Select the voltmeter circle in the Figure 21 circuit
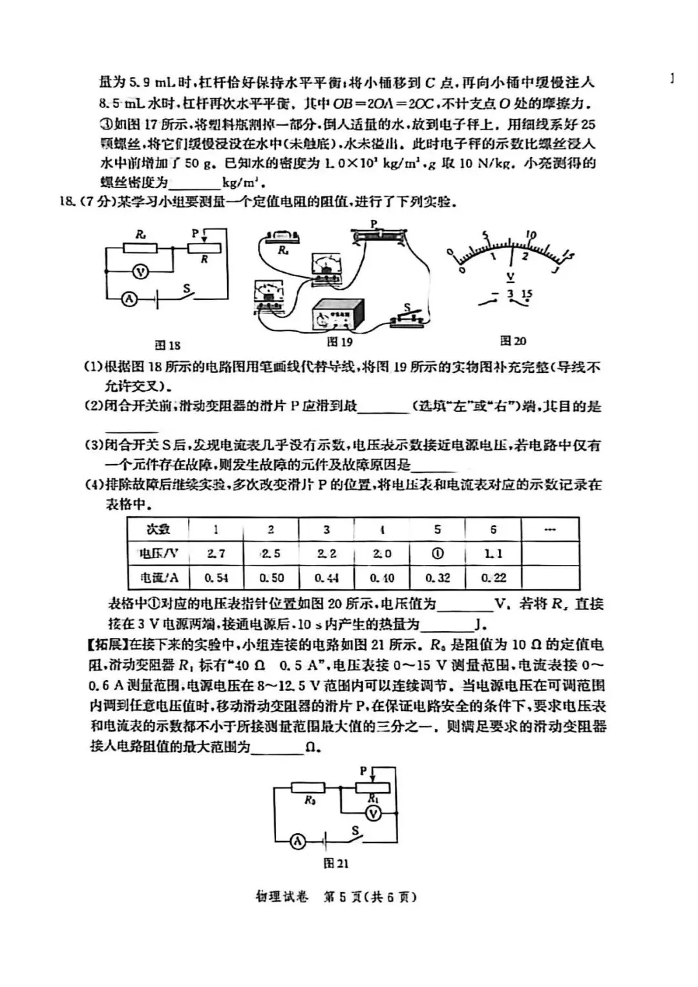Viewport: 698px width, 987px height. click(373, 814)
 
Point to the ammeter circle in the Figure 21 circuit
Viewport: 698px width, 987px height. click(297, 841)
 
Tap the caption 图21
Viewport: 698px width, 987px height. click(336, 864)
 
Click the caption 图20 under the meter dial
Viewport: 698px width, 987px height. click(513, 341)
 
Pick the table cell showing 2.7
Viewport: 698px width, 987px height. click(216, 553)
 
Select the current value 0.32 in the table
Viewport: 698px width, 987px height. click(438, 577)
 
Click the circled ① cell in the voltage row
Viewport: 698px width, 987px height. click(438, 553)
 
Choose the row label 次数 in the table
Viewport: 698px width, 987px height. click(158, 529)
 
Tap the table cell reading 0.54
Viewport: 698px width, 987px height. click(216, 577)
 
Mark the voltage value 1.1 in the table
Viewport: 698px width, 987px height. click(493, 553)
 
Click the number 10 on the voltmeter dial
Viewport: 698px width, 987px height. click(531, 234)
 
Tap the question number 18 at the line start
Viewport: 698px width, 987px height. click(66, 202)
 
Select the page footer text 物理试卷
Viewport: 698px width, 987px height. click(282, 897)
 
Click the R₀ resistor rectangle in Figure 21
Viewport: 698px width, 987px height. click(312, 787)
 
